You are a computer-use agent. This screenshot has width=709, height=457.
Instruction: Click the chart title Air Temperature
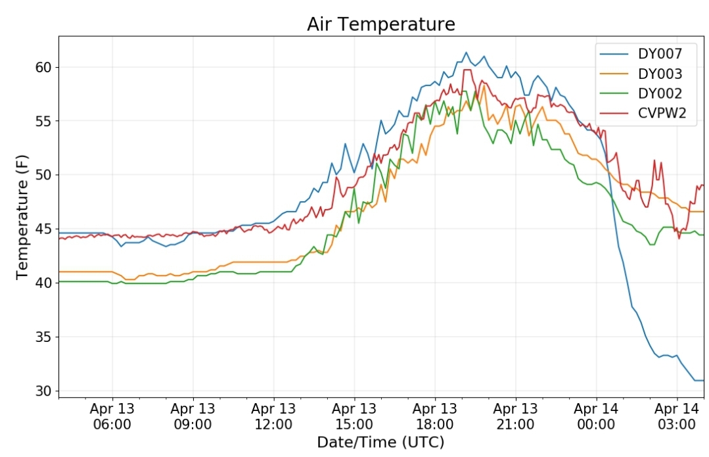tap(380, 24)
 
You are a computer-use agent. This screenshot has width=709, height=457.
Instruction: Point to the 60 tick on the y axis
tap(44, 68)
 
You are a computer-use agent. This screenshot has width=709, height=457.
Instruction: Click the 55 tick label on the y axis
tap(44, 121)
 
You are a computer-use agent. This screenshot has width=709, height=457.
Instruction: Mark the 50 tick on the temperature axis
tap(44, 175)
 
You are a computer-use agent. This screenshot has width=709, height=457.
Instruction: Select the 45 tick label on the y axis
tap(44, 229)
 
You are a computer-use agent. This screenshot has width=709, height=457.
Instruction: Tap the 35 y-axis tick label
tap(44, 337)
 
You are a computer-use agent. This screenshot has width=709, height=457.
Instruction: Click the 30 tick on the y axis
tap(44, 391)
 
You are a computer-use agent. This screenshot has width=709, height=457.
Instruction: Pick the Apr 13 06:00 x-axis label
tap(112, 416)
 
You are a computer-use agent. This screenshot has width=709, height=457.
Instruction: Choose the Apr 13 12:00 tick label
tap(273, 416)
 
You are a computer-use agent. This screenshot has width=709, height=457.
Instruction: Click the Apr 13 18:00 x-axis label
tap(435, 416)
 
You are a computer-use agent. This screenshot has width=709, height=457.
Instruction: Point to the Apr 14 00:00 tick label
tap(596, 416)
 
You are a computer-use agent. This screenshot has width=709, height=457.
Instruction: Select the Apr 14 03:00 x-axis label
tap(677, 416)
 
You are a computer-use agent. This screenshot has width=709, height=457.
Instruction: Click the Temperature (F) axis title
tap(22, 217)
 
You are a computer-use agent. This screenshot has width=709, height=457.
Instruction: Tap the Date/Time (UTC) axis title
tap(380, 442)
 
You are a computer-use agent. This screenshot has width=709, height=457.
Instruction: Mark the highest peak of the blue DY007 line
tap(466, 52)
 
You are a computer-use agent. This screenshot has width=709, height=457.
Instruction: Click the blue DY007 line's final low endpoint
tap(703, 381)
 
